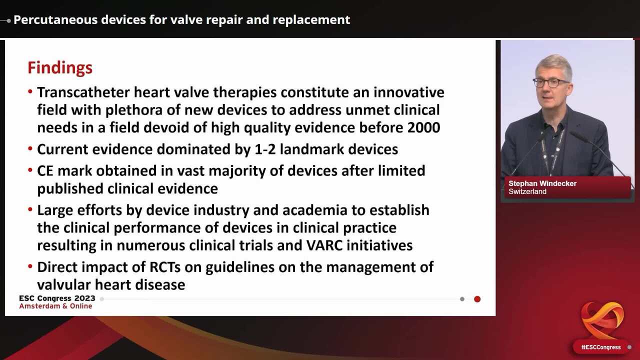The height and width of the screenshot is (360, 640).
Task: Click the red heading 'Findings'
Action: (x=60, y=67)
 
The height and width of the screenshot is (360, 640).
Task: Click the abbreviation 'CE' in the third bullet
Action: (x=46, y=170)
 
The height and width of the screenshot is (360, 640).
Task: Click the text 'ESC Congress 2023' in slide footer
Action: (x=57, y=298)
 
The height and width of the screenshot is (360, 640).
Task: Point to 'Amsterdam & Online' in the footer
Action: (x=55, y=306)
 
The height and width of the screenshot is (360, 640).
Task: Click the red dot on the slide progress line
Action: (x=477, y=299)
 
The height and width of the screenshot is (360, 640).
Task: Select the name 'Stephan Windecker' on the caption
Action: (x=542, y=183)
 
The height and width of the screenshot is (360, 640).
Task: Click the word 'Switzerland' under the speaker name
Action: (x=527, y=191)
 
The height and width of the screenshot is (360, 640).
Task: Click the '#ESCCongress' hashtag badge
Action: (x=600, y=347)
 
